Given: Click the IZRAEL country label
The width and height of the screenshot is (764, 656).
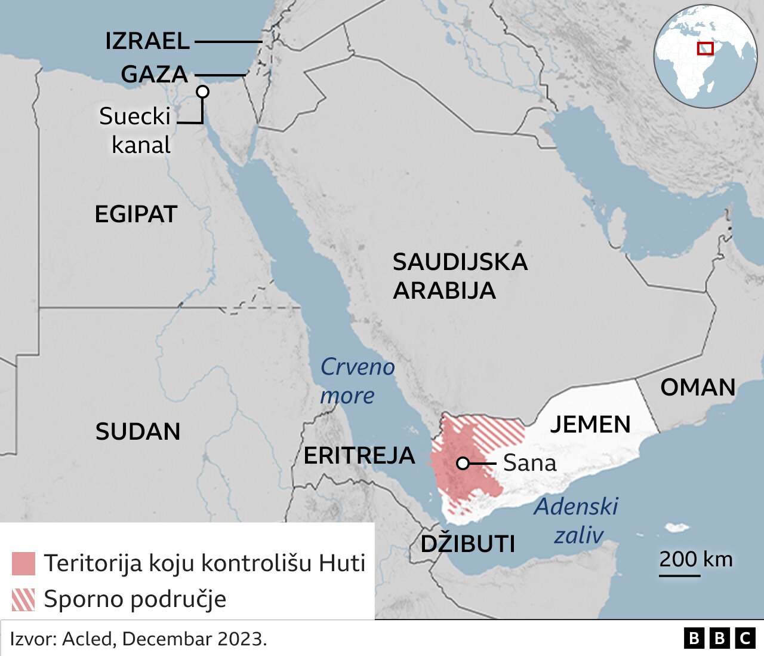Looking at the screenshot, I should tap(147, 41).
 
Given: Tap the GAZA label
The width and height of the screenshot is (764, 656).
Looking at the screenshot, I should tap(154, 74).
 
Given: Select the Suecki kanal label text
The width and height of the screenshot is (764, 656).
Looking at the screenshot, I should tap(135, 130).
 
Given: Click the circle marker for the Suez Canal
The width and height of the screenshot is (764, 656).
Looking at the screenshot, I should tap(203, 91).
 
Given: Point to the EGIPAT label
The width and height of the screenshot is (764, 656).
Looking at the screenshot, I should tap(136, 214).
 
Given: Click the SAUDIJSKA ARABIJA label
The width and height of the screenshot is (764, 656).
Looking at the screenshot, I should tap(460, 276).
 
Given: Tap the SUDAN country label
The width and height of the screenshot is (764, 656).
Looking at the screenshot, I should tap(138, 431).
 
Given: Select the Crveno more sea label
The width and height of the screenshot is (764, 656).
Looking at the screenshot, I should tap(357, 381).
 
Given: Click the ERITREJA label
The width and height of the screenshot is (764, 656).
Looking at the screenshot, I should tap(359, 455).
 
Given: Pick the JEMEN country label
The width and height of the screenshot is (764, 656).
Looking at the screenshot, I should tap(590, 424).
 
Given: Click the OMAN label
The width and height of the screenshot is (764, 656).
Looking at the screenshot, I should tap(697, 387).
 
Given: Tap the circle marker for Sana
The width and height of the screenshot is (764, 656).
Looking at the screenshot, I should tap(463, 463).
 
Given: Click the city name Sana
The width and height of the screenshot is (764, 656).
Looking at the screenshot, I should tap(529, 463).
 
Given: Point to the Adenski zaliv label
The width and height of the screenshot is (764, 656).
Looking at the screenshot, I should tap(576, 520).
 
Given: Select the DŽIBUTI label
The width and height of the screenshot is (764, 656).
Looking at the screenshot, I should tap(467, 544).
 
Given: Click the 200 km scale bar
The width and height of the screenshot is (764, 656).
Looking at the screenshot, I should tap(679, 575).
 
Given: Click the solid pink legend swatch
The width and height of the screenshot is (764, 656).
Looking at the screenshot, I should tap(23, 563).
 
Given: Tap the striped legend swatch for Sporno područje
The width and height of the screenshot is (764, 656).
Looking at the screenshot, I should tap(23, 599).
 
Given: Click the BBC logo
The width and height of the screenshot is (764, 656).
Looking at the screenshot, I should tap(719, 638).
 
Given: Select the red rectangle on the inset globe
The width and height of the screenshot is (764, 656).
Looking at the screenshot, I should tap(705, 48).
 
